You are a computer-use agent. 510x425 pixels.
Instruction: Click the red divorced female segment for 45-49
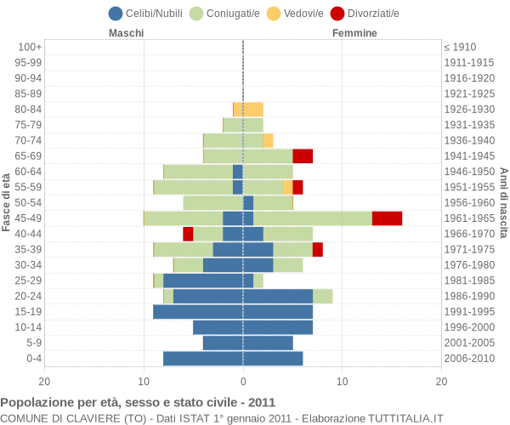pos(387,218)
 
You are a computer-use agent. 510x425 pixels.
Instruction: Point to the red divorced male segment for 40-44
pos(188,234)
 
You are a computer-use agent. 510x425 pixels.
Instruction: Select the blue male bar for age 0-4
pos(203,359)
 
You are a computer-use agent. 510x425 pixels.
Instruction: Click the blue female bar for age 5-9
pos(268,343)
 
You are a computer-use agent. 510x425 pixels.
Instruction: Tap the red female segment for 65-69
pos(303,156)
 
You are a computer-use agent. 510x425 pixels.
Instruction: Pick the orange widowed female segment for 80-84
pos(253,109)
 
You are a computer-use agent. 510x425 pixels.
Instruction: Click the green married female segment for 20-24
pos(322,296)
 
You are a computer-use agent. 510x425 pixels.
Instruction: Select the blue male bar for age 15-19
pos(198,312)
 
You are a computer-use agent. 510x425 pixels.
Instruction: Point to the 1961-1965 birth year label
pos(470,218)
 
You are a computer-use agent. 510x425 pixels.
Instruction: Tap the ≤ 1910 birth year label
pos(460,47)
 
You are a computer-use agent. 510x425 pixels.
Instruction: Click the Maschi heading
pos(126,33)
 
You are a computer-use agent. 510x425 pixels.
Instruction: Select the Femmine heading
pos(354,33)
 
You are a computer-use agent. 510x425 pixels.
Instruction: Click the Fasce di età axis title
pos(7,202)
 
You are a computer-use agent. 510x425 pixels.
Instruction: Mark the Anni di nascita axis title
pos(503,202)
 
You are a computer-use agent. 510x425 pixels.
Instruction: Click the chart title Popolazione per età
pos(138,402)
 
